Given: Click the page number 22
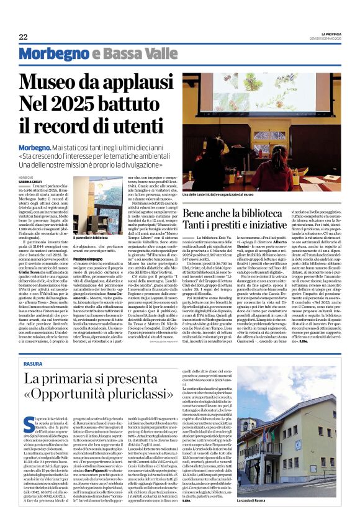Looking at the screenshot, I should [24, 37].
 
